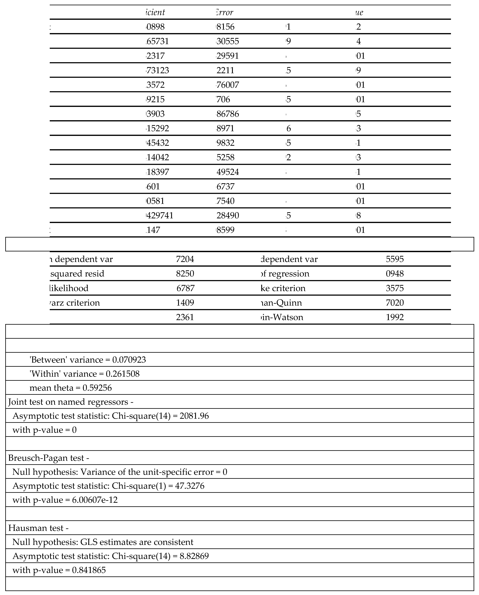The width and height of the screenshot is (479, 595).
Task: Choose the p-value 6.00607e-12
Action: (x=95, y=500)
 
